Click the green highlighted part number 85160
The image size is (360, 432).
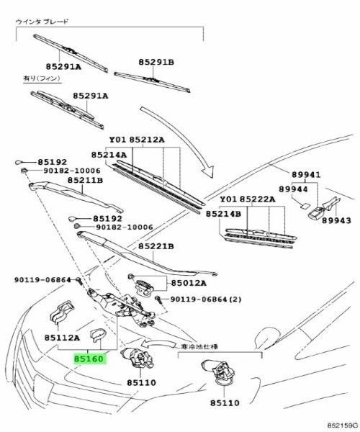89,359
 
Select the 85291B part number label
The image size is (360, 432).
156,62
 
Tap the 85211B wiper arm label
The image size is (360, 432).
85,180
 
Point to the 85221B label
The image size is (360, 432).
156,246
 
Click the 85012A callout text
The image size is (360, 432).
189,283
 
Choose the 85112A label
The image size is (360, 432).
62,338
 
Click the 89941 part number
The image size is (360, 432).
306,175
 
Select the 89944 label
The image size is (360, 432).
293,189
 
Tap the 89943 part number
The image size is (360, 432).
336,220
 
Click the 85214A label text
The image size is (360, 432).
109,155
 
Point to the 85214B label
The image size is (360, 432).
223,214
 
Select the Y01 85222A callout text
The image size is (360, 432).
248,199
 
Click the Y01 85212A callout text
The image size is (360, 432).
137,140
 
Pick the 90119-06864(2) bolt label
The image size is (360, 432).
205,299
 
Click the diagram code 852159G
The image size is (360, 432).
343,426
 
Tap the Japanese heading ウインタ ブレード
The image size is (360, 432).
42,22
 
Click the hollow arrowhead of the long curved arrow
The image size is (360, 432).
208,171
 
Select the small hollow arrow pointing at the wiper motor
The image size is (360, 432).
158,344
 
